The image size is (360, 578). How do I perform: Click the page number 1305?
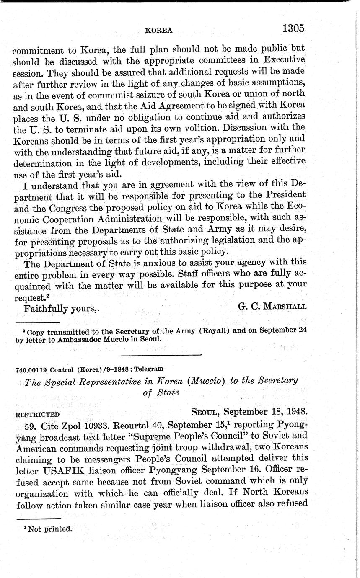293,28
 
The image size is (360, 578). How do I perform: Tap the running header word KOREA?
158,30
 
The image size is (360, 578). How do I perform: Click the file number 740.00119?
31,369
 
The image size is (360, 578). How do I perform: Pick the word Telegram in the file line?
150,369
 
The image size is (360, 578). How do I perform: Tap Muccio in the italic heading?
207,381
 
